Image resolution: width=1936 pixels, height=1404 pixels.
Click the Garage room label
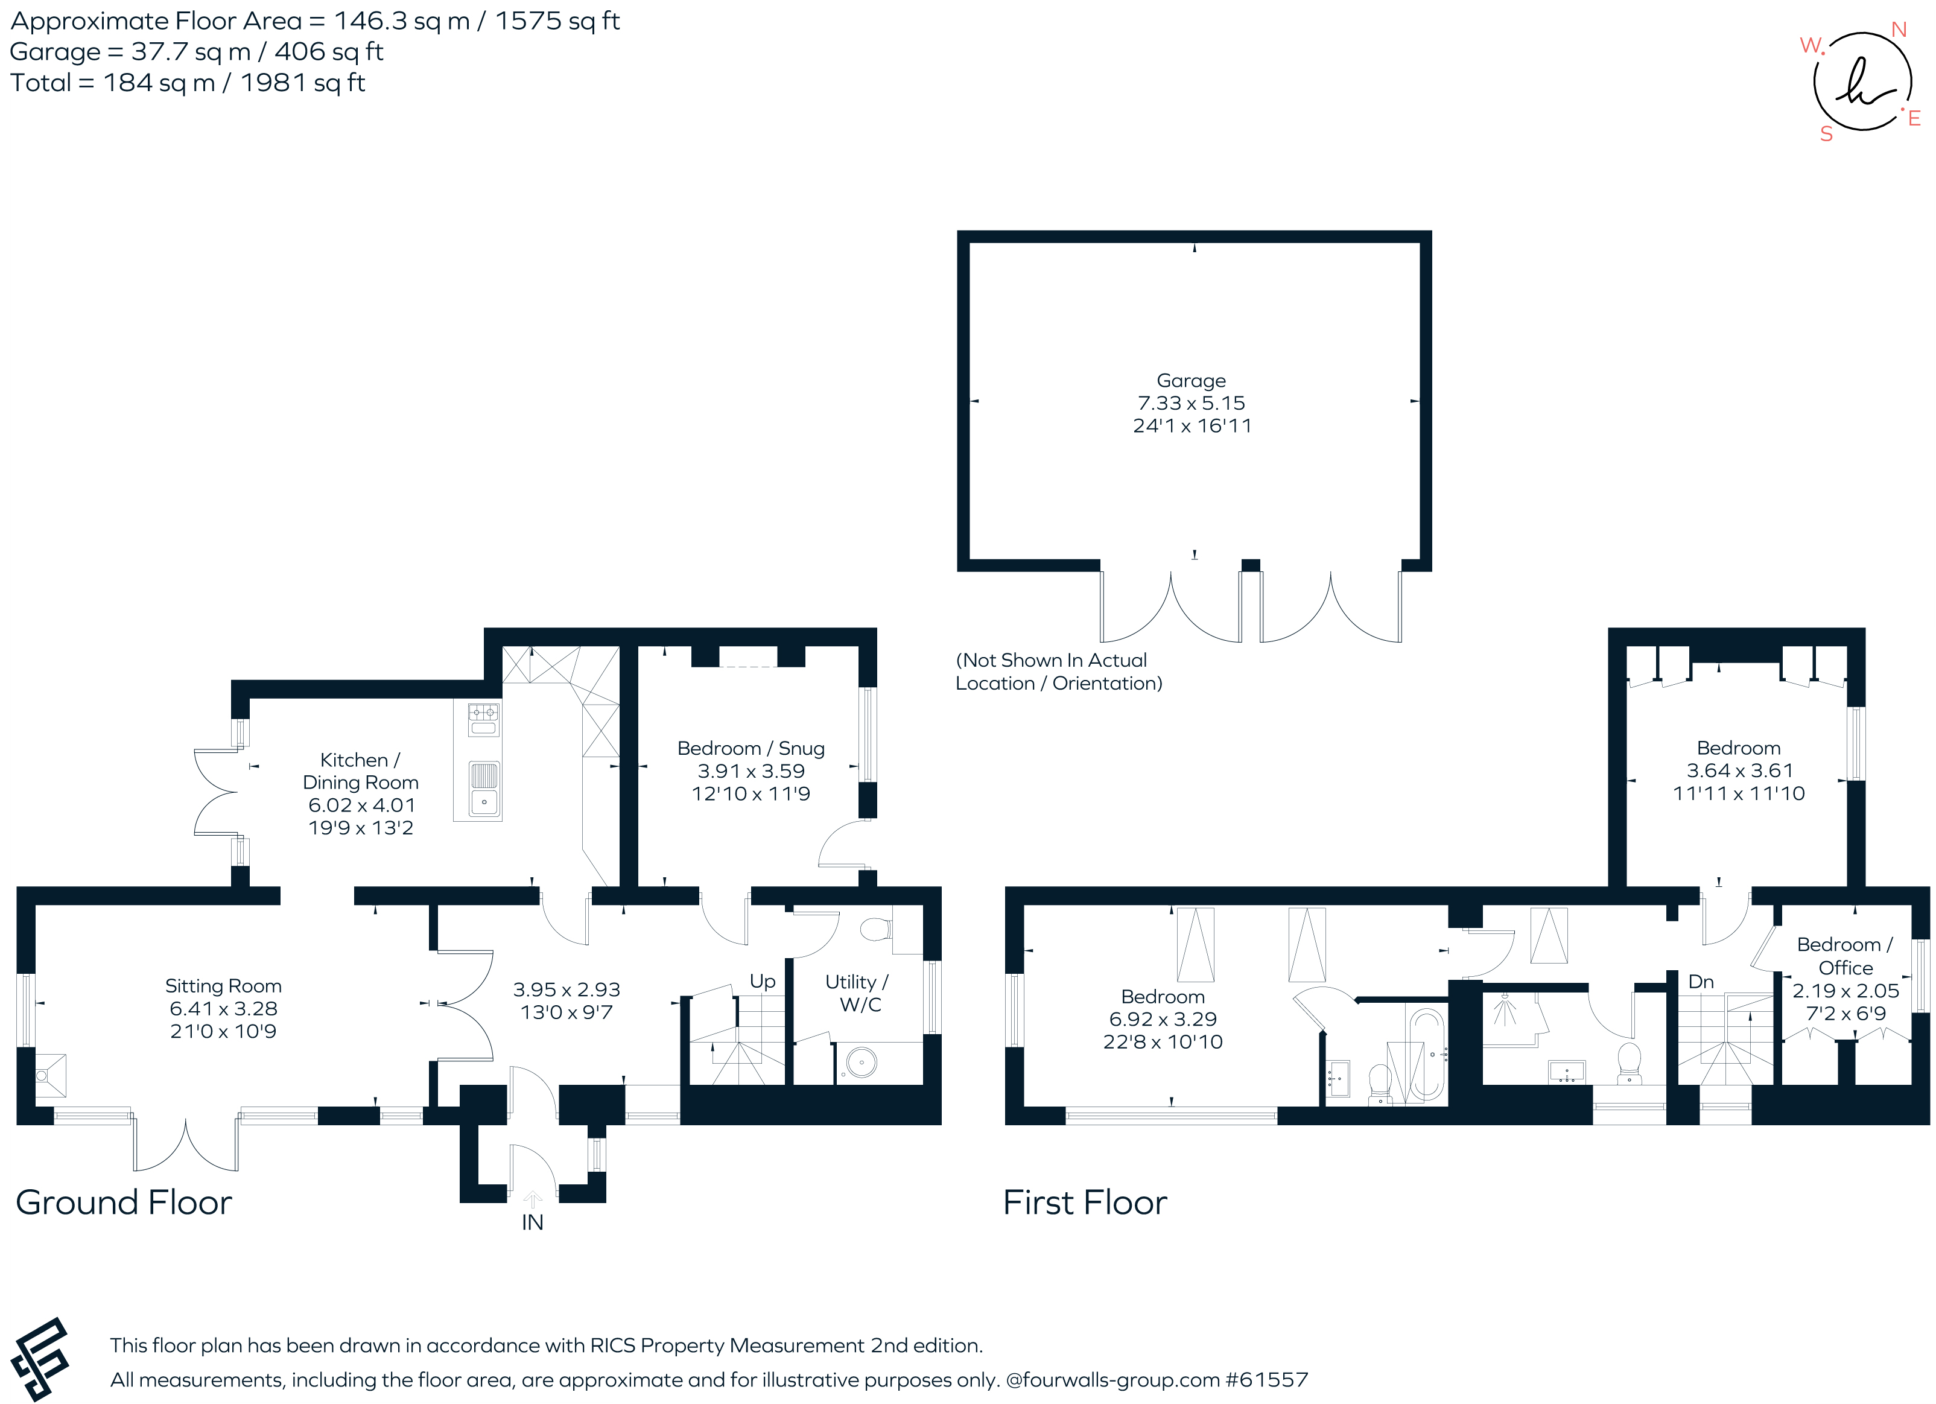coord(1191,381)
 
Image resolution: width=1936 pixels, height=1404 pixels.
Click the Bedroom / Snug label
coord(751,749)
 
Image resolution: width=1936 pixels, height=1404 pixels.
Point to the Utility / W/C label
coord(857,993)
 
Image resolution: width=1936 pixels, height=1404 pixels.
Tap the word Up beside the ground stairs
coord(763,982)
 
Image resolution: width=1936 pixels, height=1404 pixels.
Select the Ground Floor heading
coord(124,1202)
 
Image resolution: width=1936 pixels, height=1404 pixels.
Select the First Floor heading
coord(1084,1202)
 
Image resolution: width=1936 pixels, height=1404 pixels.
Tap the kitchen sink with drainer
coord(484,789)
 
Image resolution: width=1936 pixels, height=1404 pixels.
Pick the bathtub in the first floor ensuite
coord(1426,1054)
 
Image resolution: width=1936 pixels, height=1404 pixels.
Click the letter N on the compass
coord(1899,30)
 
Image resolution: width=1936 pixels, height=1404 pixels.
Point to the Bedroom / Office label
coord(1845,956)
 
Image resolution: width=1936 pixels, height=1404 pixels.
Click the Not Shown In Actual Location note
coord(1058,672)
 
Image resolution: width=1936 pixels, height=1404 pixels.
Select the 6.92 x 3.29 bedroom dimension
coord(1163,1019)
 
